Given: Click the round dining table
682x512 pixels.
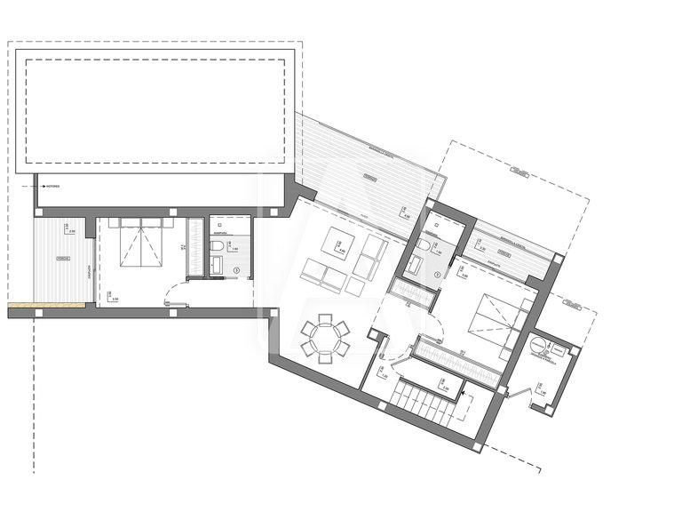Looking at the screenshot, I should (324, 339).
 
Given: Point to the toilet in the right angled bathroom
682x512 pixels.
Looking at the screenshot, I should (425, 244).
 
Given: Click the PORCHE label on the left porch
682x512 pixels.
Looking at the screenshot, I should (63, 260).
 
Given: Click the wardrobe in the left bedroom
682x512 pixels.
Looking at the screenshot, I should (198, 250).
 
